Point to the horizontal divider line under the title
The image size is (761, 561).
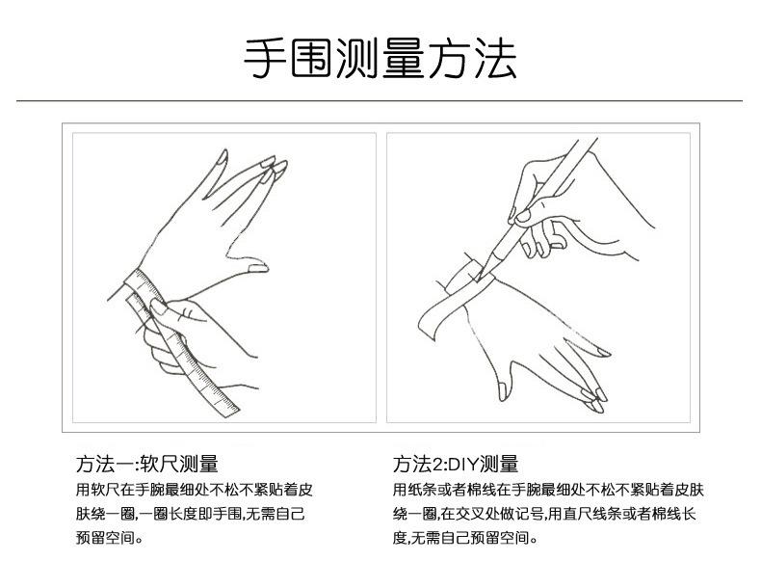[380, 100]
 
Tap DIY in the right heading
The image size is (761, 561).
[461, 464]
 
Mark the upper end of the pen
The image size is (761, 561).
[590, 144]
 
